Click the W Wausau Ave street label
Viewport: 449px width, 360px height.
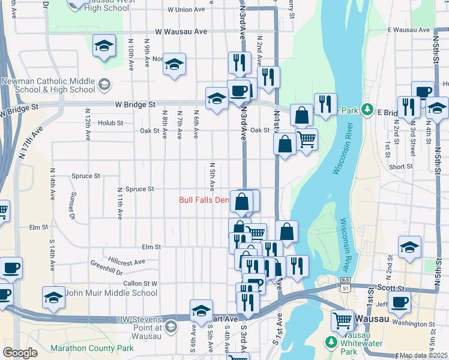point(181,31)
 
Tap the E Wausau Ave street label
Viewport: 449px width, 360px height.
point(408,29)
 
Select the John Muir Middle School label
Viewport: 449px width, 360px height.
point(111,293)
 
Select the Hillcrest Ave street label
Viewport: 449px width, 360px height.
point(127,262)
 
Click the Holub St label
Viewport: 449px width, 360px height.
point(110,122)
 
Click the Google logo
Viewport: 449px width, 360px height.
point(20,352)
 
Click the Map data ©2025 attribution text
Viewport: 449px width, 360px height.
point(423,355)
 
